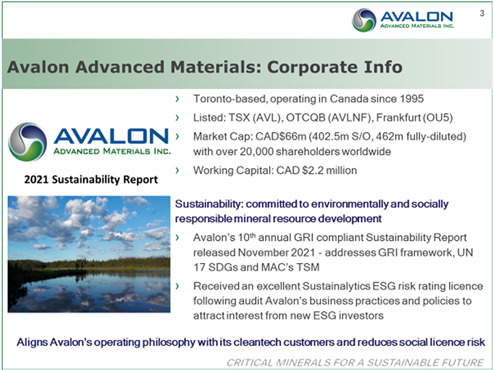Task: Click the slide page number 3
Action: (x=482, y=13)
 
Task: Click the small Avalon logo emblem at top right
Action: (x=364, y=20)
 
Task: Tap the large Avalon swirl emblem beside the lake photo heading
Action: (x=27, y=142)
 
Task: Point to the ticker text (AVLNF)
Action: (x=350, y=118)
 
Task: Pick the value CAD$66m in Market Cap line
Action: (x=281, y=136)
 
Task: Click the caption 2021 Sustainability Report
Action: (x=91, y=179)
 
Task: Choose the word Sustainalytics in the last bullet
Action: (x=336, y=286)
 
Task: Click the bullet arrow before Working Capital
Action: (x=177, y=170)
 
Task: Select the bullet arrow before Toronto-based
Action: (x=177, y=99)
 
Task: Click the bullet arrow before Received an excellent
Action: (x=177, y=286)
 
